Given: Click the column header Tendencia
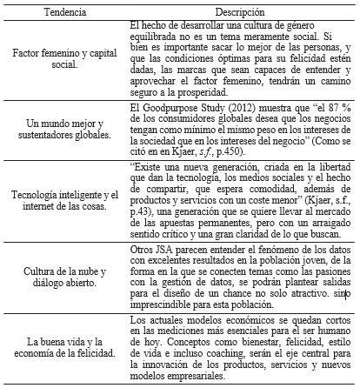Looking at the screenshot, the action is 59,10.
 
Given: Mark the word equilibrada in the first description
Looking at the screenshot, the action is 143,37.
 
